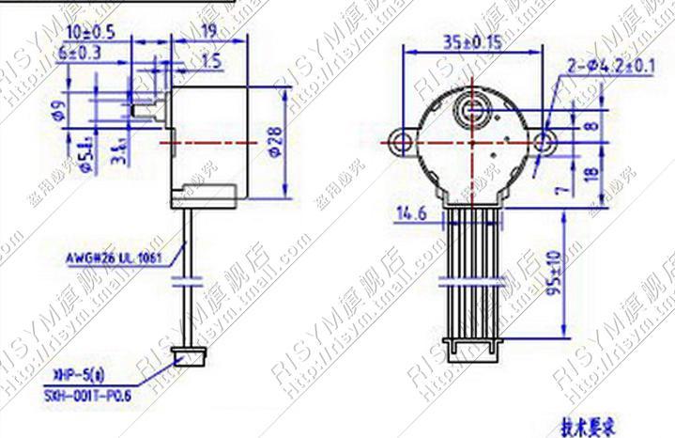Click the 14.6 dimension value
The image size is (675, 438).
(411, 216)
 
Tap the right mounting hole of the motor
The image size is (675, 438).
(545, 143)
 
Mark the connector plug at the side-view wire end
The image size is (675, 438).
(192, 358)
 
